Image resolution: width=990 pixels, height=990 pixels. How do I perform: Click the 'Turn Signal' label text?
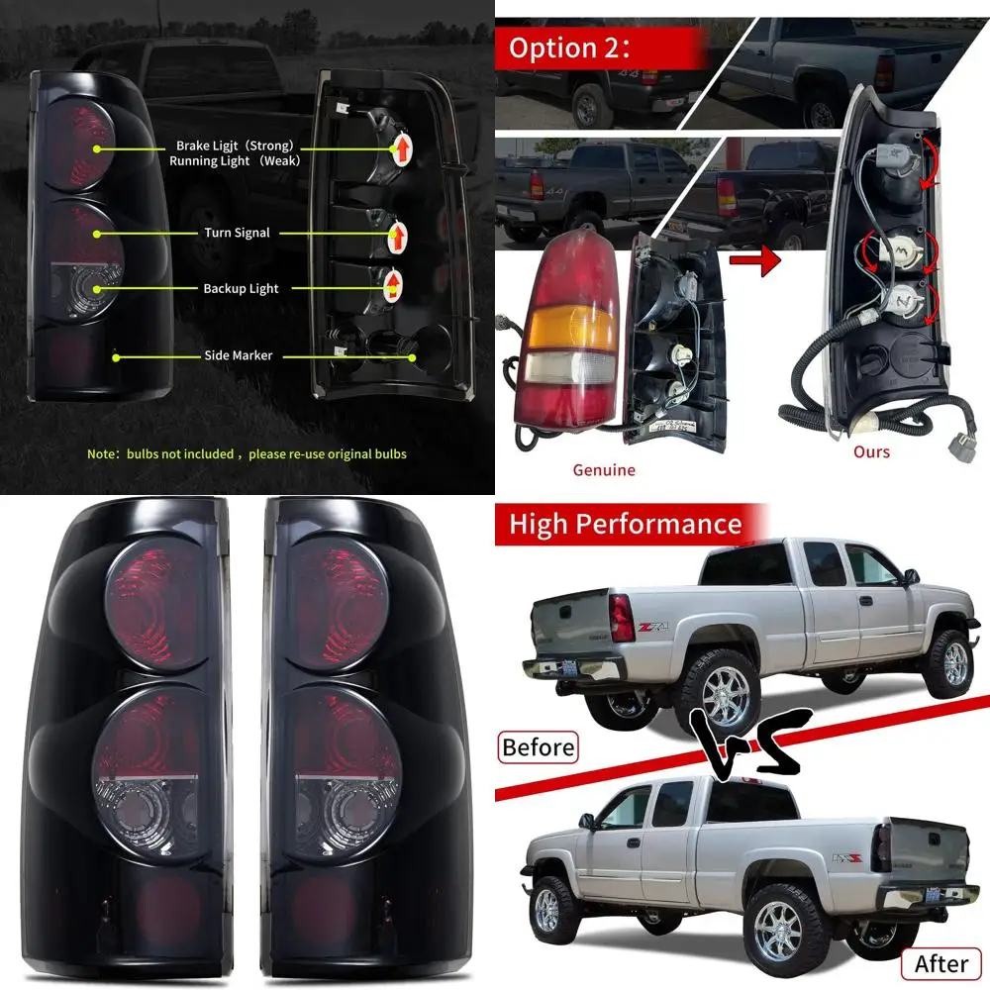click(x=237, y=234)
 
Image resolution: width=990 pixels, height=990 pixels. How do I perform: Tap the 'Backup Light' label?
click(x=241, y=289)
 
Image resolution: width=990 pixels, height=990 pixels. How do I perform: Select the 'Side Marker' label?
click(x=239, y=355)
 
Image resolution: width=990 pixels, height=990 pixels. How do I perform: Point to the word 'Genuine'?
click(x=604, y=470)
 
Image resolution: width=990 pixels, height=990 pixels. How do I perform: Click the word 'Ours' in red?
click(x=871, y=452)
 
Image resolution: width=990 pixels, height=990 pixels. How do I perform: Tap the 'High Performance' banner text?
click(x=625, y=523)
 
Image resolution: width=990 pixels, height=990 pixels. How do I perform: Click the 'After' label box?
click(x=940, y=961)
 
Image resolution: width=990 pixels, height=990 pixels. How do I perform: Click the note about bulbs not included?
click(x=247, y=454)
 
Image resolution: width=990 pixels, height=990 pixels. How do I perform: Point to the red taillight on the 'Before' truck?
click(x=622, y=618)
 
